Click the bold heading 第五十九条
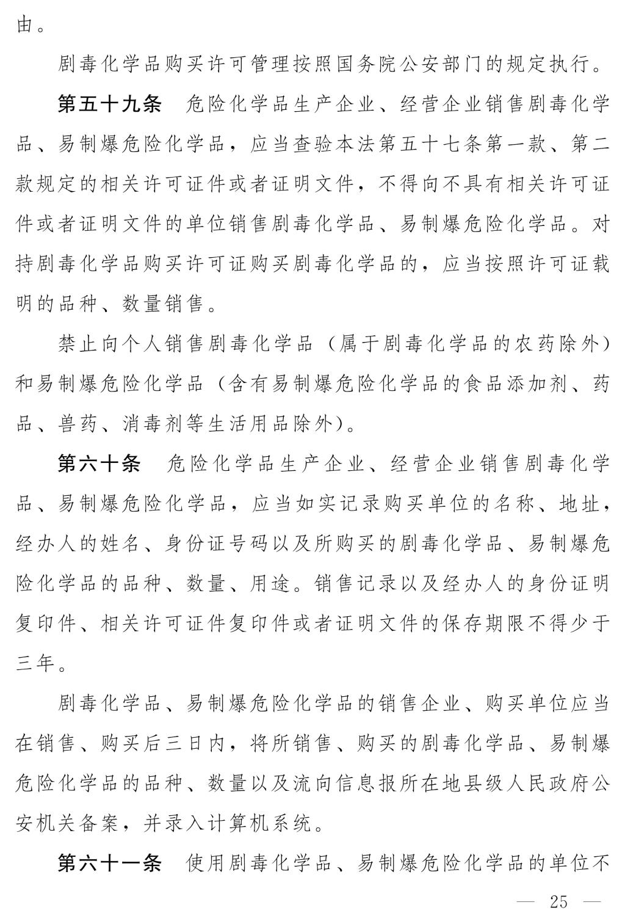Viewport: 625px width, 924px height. coord(109,104)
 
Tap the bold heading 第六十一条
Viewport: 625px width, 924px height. coord(109,864)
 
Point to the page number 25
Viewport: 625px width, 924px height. coord(558,901)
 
